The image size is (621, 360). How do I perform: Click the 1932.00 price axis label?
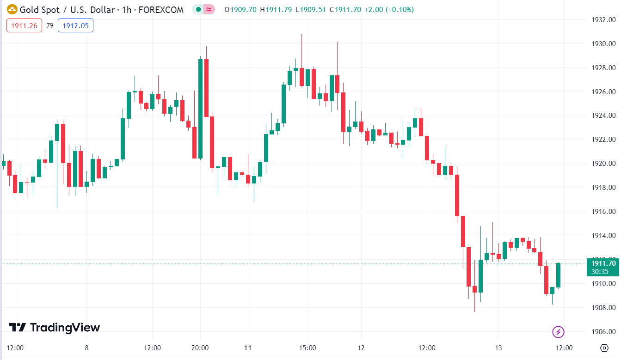[604, 20]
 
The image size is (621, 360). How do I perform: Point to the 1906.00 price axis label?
[604, 332]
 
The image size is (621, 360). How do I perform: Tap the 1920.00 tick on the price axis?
[604, 164]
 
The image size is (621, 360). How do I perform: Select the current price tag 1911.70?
[603, 263]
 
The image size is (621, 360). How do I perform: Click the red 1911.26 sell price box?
[24, 26]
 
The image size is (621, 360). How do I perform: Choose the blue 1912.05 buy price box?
[75, 26]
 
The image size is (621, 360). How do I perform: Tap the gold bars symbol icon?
[12, 9]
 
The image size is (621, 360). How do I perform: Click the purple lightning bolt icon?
[558, 331]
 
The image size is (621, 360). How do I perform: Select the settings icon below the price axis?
[604, 348]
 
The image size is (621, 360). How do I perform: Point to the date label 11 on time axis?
[248, 348]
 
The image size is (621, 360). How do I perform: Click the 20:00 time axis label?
[200, 348]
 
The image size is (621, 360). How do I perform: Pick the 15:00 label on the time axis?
[307, 348]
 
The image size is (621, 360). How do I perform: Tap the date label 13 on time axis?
[498, 348]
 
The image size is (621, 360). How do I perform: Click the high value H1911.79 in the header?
[276, 9]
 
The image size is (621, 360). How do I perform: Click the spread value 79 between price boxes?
[50, 26]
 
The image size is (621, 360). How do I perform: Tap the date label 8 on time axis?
[86, 348]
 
